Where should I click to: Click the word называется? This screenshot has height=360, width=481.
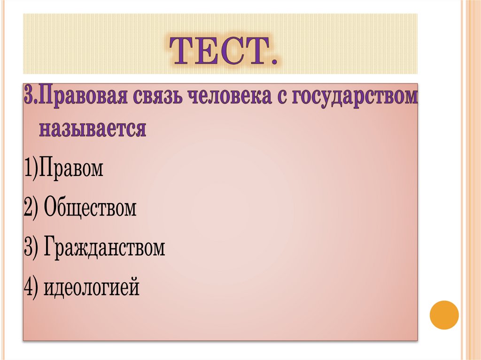tap(93, 128)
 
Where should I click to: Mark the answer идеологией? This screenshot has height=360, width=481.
tap(92, 287)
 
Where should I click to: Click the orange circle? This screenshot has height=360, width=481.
tap(444, 314)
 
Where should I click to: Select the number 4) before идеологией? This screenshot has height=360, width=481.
tap(33, 287)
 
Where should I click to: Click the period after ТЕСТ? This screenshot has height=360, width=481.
tap(271, 61)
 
